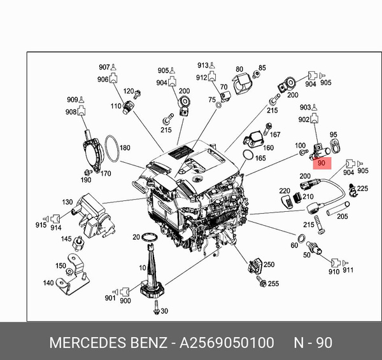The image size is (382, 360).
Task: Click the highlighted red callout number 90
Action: [322, 163]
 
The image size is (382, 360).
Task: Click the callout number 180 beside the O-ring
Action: [125, 148]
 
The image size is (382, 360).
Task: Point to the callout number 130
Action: [67, 202]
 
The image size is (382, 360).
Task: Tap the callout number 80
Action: [239, 69]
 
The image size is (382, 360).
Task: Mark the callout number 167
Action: [275, 134]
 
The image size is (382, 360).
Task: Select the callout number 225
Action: [362, 188]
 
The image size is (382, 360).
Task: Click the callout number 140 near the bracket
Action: [48, 284]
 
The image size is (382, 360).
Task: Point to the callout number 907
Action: [104, 67]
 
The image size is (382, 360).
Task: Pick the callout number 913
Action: [202, 66]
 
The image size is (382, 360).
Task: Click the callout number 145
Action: [66, 239]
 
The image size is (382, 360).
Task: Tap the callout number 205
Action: [343, 216]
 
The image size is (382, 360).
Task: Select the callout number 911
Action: [348, 271]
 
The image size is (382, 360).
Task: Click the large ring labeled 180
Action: [112, 149]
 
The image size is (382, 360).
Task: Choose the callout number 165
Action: [260, 157]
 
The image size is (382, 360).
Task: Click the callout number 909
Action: [72, 100]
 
